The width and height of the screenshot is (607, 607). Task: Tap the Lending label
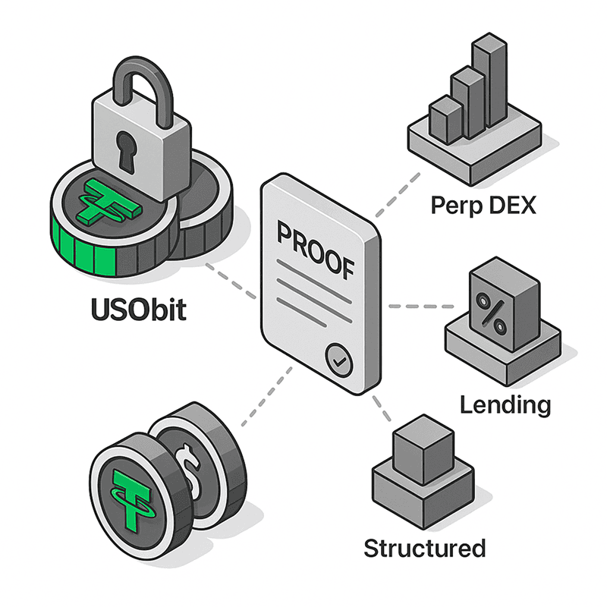[x=505, y=404]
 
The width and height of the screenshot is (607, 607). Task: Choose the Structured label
[x=424, y=547]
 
